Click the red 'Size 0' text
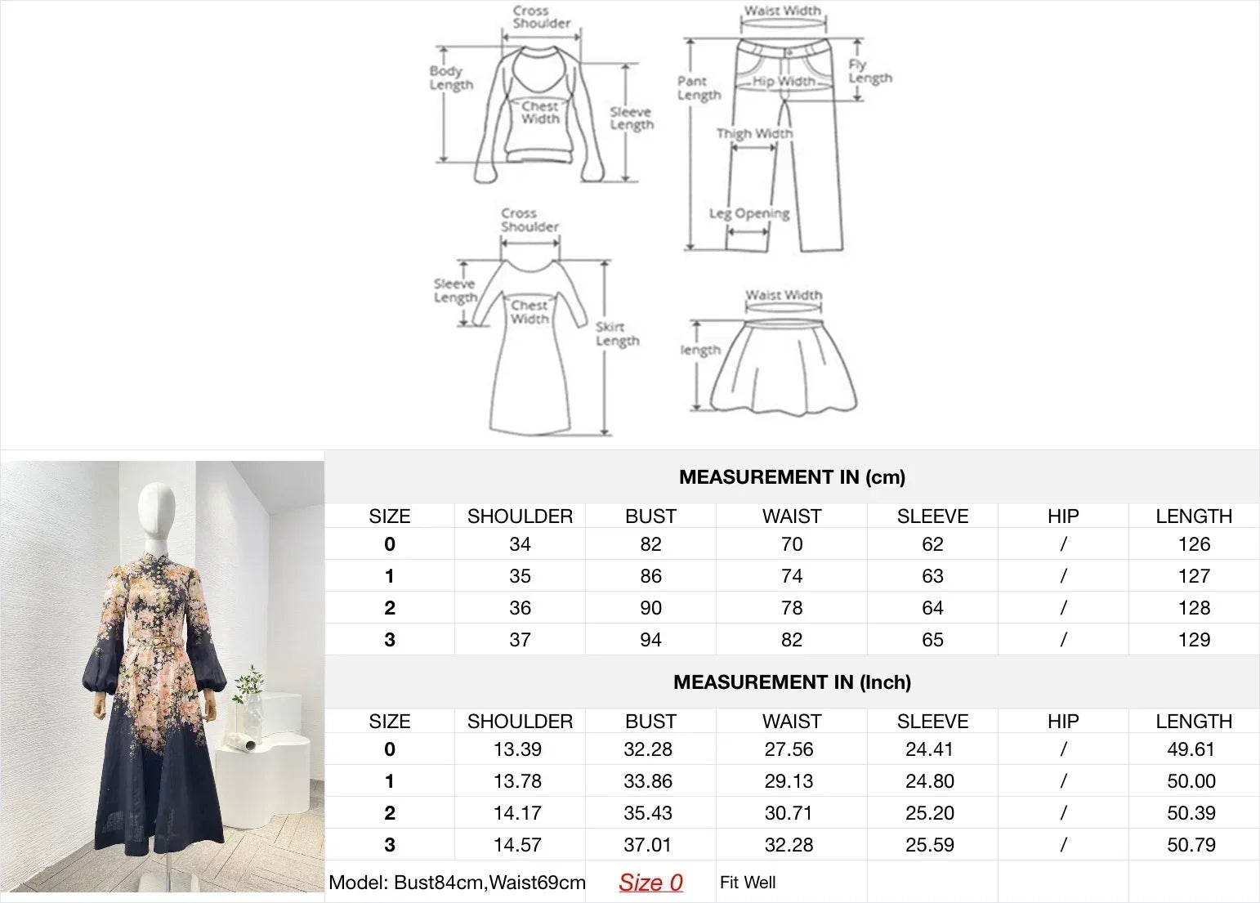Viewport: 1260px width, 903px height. coord(650,883)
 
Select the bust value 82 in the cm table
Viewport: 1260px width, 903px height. coord(650,544)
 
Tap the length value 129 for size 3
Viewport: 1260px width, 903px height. coord(1194,640)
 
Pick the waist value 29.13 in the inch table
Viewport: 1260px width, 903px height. coord(789,781)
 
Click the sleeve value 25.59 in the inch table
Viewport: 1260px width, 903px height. coord(930,845)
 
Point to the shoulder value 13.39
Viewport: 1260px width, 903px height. coord(518,749)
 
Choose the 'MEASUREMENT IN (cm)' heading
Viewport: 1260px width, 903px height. coord(792,477)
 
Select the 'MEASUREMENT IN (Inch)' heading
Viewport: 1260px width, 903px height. coord(792,682)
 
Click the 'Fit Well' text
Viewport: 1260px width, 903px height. coord(748,883)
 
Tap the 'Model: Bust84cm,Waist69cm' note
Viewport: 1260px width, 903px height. coord(457,883)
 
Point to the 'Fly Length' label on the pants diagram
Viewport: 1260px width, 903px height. coord(869,72)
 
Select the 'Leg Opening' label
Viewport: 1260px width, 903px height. coord(749,213)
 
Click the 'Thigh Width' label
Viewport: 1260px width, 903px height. coord(754,133)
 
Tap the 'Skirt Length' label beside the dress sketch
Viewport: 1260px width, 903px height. coord(617,333)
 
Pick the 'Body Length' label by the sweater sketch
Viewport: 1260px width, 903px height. coord(451,78)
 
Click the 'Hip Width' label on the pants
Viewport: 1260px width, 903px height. coord(784,81)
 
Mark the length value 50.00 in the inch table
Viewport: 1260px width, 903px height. coord(1191,781)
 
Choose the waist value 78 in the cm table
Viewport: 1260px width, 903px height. coord(792,608)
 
